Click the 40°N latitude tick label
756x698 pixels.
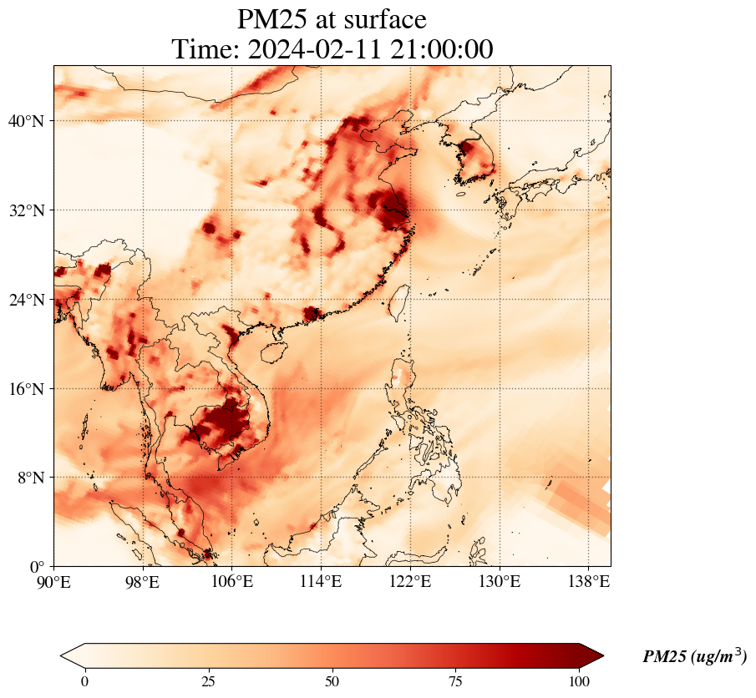click(x=26, y=121)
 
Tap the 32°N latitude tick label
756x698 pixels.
click(x=26, y=210)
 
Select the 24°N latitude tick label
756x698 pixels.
click(x=26, y=300)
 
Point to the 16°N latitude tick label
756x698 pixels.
click(x=26, y=389)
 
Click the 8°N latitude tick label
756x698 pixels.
click(x=30, y=478)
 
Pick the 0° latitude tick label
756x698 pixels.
click(x=38, y=567)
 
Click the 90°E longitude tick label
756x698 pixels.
click(x=54, y=581)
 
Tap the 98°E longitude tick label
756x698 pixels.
click(x=143, y=581)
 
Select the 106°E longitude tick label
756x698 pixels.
click(x=232, y=581)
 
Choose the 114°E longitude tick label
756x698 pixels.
click(x=321, y=581)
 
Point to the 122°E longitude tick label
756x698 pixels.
click(x=410, y=581)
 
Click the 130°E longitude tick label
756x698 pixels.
click(x=499, y=581)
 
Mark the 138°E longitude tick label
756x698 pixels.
click(x=588, y=581)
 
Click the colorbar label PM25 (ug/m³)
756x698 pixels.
click(x=694, y=657)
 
